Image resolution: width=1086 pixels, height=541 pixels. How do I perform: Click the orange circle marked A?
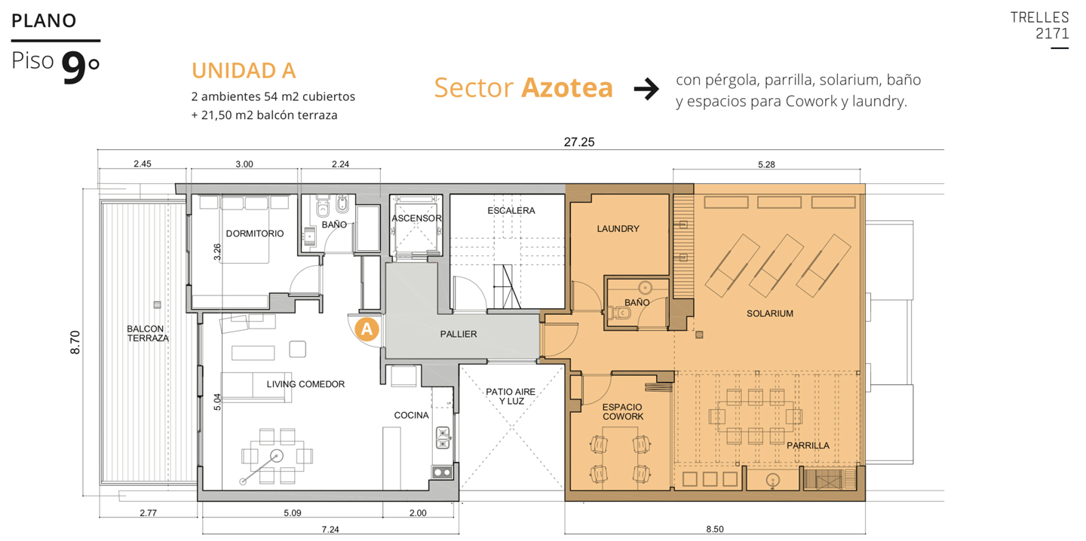point(367,329)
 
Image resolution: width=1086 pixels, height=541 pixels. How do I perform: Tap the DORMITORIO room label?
point(255,234)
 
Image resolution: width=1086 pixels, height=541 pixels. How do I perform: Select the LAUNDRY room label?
point(618,228)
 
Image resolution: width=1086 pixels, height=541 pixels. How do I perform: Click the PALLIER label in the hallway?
point(459,335)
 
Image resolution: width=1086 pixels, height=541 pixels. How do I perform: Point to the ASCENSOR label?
point(416,219)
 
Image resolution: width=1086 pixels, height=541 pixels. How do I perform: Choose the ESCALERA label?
point(511,211)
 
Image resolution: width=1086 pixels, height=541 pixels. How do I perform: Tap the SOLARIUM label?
point(770,313)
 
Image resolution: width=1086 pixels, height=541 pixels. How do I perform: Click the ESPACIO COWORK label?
point(622,411)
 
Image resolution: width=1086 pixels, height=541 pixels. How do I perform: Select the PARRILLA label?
point(808,445)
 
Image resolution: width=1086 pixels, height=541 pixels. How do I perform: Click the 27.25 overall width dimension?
point(579,142)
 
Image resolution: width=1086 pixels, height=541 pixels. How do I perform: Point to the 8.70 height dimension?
point(75,342)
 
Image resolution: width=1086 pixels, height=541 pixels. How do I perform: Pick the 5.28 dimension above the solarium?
point(766,165)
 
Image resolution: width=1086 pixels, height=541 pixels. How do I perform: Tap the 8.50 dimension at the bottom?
point(715,530)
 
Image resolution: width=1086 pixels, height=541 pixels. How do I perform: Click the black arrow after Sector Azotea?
point(646,89)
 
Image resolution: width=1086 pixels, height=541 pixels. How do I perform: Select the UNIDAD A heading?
point(244,71)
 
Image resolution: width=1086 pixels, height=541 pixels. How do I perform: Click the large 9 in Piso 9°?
point(74,69)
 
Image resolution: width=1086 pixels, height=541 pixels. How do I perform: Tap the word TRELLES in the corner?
point(1039,17)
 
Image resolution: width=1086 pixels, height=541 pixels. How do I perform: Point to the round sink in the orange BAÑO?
point(645,288)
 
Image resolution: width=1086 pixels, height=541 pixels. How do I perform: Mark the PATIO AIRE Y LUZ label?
point(511,396)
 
